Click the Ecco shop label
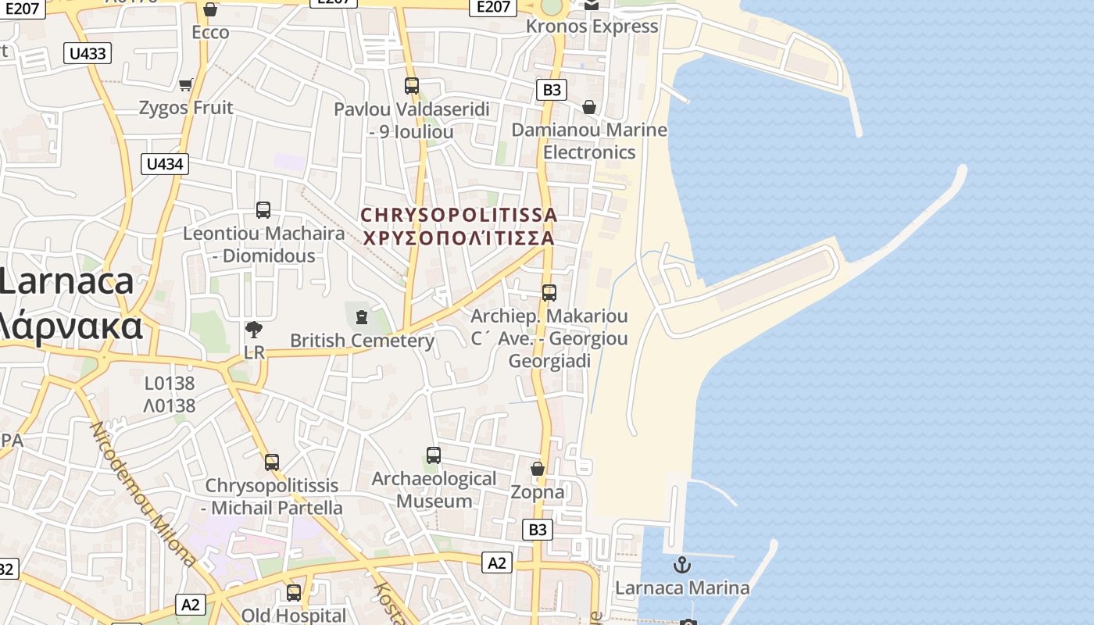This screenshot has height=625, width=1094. [210, 32]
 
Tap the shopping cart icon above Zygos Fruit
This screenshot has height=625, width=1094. [186, 84]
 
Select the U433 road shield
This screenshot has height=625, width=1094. [88, 53]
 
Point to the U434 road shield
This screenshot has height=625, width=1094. [165, 164]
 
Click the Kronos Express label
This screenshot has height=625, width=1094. [592, 26]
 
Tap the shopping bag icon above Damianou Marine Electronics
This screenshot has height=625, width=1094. [589, 107]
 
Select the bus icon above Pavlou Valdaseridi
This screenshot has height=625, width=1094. [412, 86]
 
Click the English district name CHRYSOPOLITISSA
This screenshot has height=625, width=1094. [459, 214]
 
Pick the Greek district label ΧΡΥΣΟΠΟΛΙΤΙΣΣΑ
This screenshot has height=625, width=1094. [459, 237]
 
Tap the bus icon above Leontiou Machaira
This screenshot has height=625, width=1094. [263, 210]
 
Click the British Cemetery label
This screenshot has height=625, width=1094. [362, 341]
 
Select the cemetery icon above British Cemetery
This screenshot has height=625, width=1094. [361, 316]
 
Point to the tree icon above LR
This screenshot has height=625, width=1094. [253, 330]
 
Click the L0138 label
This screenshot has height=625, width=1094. [170, 384]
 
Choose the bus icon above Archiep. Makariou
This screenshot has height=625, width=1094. [549, 293]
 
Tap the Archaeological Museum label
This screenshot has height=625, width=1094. [434, 489]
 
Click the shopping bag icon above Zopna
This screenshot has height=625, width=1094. [538, 469]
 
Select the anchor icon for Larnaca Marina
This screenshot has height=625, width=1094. [682, 564]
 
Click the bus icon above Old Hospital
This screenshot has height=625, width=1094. [294, 593]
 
